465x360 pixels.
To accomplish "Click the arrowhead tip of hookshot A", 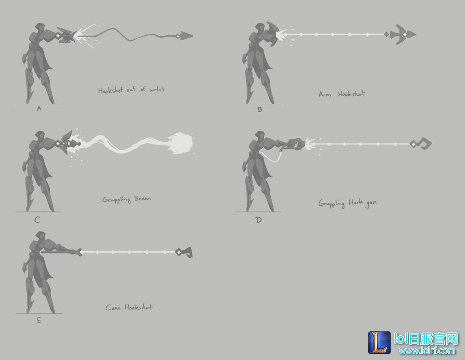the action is [x=192, y=36].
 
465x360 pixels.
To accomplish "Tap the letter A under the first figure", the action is [x=39, y=108].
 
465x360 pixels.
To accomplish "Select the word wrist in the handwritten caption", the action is [x=157, y=89].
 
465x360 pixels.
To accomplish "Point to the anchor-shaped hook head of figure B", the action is [x=401, y=35].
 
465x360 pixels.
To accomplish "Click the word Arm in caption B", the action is [x=325, y=94].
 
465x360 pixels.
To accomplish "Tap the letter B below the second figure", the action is [x=260, y=110].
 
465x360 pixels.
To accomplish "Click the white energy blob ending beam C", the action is [x=181, y=143].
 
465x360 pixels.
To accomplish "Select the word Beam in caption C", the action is [x=142, y=199].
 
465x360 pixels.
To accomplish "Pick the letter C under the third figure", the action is [x=37, y=220].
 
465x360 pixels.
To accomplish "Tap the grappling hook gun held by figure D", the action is [x=294, y=144].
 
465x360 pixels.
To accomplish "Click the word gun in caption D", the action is [x=371, y=203].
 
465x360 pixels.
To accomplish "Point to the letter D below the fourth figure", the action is [x=258, y=220].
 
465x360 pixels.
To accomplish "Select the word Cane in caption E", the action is [x=113, y=308].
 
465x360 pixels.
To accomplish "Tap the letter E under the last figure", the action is [x=39, y=320].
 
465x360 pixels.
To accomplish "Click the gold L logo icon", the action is [x=380, y=342].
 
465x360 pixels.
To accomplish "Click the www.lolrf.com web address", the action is [x=427, y=351].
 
